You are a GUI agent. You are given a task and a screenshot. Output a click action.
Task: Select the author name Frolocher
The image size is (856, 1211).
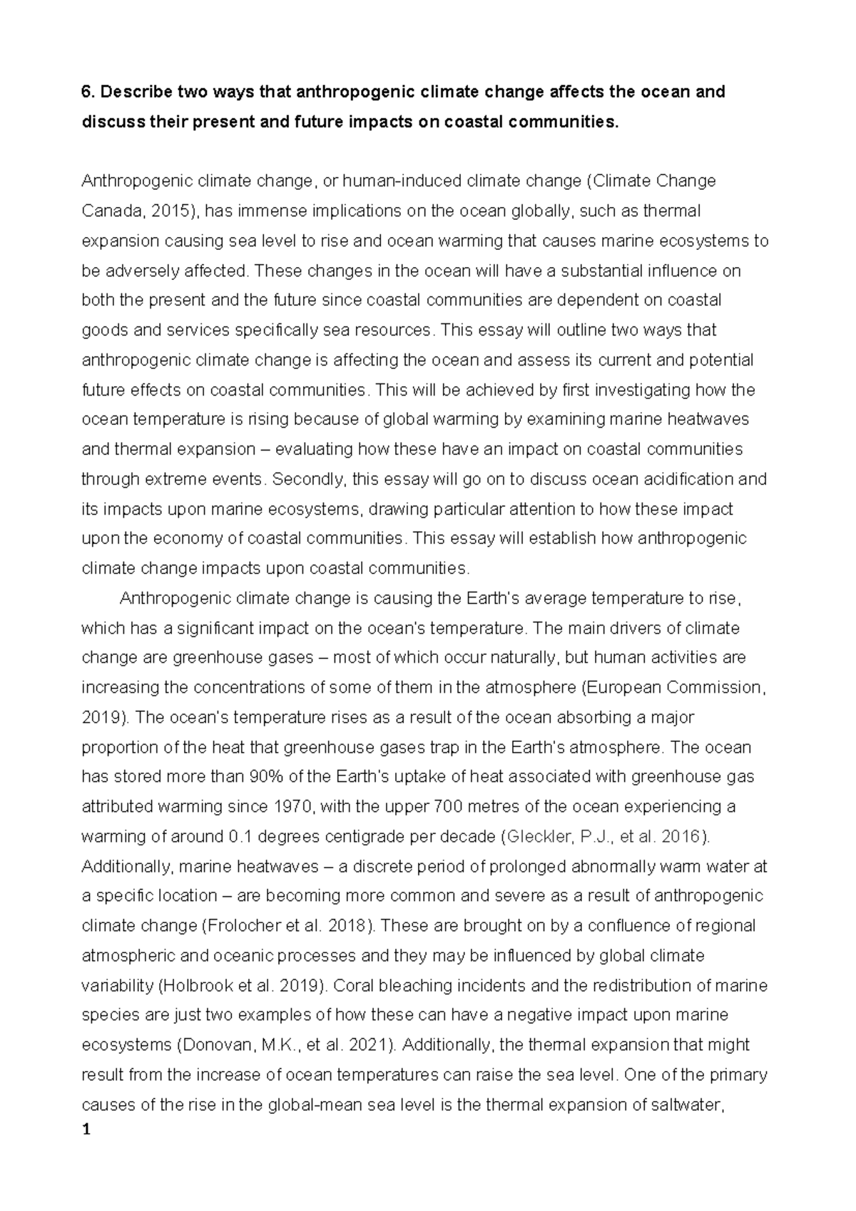pyautogui.click(x=240, y=926)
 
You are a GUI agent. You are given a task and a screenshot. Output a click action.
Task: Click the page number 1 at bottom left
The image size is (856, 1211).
pyautogui.click(x=86, y=1131)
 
